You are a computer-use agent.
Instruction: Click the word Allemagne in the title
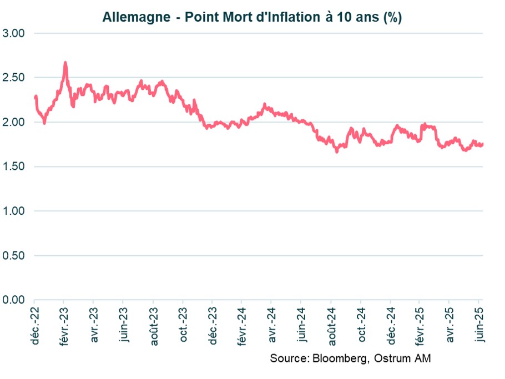136,17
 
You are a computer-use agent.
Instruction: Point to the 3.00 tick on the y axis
15,33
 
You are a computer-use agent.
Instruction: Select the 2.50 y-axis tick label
15,78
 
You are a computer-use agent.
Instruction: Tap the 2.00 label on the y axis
15,122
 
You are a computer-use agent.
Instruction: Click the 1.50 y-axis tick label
15,166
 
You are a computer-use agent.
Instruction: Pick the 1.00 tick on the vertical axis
15,211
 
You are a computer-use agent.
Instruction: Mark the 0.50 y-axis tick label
15,256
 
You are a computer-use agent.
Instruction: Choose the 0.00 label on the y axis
15,300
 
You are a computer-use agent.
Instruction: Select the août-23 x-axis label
153,325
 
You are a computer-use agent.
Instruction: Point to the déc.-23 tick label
213,325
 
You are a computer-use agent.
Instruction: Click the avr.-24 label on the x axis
272,325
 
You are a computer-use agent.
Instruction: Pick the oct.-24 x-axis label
361,325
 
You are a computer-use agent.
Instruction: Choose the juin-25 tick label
479,325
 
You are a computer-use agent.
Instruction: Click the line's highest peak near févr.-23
65,63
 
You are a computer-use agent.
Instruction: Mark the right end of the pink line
482,144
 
